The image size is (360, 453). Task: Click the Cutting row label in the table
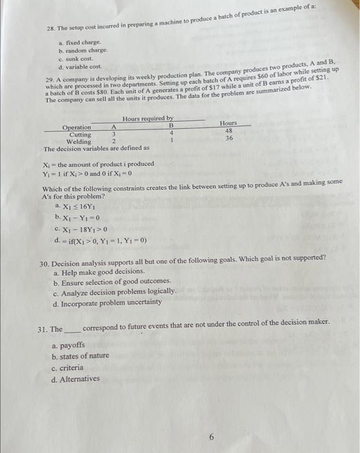[82, 134]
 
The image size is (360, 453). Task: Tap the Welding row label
[80, 141]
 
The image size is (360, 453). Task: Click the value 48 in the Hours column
[229, 130]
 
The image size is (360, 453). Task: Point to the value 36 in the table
[229, 138]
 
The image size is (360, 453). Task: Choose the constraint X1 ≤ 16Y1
[80, 205]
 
